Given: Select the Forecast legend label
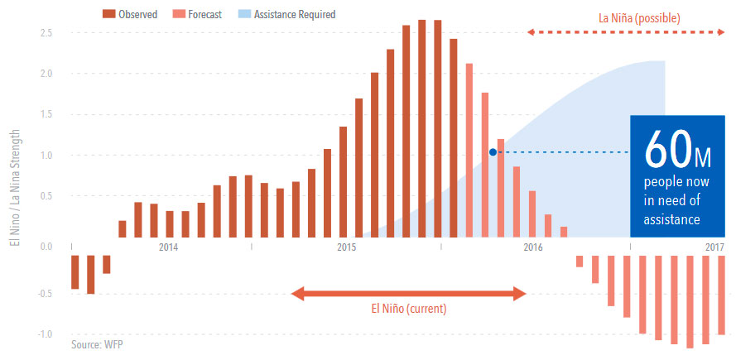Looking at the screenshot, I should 204,14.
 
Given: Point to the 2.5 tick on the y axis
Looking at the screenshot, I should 47,32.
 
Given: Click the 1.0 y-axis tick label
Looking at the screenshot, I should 47,156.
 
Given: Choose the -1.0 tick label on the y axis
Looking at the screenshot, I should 46,334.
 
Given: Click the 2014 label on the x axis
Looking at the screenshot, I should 168,247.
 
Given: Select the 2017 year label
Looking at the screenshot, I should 714,247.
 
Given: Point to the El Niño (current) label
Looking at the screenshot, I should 407,309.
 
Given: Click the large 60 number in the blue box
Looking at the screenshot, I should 668,150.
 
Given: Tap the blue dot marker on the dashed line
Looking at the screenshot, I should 493,152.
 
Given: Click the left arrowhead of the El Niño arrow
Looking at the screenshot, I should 295,292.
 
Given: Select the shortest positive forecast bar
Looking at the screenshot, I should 564,231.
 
